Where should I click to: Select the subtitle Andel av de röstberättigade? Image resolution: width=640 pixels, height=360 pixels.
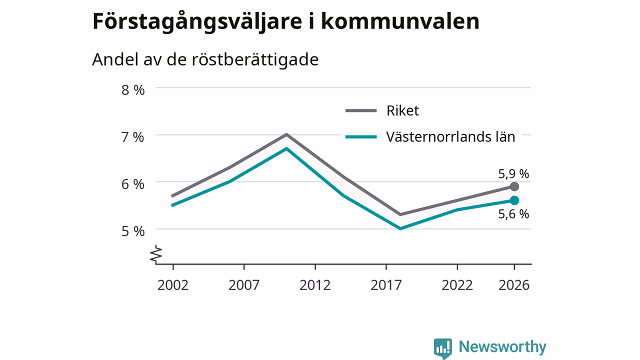tap(205, 59)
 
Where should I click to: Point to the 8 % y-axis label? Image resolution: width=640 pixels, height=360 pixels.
tap(133, 90)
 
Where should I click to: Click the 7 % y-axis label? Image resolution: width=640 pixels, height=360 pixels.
tap(133, 137)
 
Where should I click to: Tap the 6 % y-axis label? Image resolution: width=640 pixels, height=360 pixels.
tap(133, 184)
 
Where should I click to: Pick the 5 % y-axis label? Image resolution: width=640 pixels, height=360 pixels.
tap(133, 231)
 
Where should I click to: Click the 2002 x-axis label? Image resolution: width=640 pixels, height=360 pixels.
tap(173, 285)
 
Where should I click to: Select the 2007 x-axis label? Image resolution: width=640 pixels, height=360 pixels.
tap(244, 285)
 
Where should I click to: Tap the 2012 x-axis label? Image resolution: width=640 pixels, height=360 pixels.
tap(315, 285)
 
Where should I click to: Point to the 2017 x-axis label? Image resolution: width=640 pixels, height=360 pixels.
tap(386, 285)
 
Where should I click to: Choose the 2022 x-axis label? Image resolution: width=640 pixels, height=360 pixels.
tap(457, 285)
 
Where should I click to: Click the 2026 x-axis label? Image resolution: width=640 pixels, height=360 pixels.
tap(514, 285)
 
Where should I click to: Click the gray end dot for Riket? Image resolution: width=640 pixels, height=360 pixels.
tap(514, 186)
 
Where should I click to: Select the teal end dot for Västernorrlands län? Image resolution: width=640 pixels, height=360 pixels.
tap(514, 200)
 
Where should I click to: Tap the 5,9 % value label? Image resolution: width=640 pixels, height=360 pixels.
tap(513, 174)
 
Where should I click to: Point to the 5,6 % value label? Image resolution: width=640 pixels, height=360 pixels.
tap(513, 214)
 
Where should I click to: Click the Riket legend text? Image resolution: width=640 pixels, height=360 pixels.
tap(402, 110)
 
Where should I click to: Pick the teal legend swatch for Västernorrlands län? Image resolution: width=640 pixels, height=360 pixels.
tap(361, 137)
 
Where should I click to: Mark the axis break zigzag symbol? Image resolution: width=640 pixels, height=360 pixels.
tap(156, 253)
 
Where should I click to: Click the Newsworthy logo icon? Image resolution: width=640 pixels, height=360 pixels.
tap(443, 348)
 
